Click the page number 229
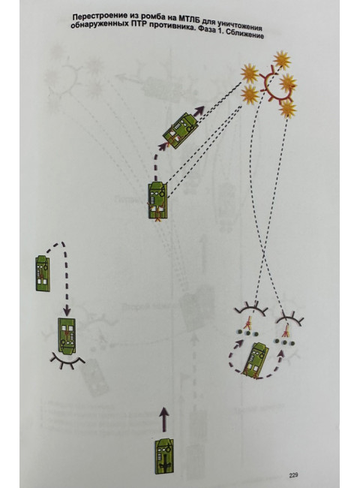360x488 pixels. point(293,475)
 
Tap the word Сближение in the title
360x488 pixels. point(245,34)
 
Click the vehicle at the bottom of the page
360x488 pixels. point(164,456)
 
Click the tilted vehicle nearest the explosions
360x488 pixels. point(180,131)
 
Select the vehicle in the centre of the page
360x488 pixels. point(158,201)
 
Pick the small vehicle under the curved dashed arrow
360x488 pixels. point(43,273)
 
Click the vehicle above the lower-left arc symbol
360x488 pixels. point(67,336)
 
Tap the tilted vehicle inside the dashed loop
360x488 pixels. point(256,360)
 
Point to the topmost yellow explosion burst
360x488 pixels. point(282,59)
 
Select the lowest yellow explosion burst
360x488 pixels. point(287,109)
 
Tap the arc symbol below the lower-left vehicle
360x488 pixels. point(67,361)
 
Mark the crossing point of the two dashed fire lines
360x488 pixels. point(264,253)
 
